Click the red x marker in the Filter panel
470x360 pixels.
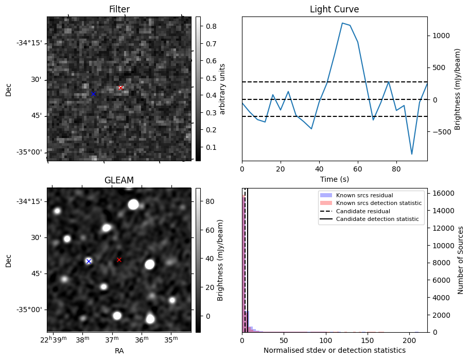[120, 88]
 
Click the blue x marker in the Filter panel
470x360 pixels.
[93, 94]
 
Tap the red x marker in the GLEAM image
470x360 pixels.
[119, 260]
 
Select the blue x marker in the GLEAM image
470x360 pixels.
[89, 261]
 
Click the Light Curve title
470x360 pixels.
[334, 9]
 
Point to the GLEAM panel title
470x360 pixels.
[119, 180]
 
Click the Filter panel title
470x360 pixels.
[119, 9]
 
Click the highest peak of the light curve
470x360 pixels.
[342, 23]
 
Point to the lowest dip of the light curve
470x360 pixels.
[412, 154]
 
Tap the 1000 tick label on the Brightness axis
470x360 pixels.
[441, 36]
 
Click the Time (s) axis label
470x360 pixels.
[334, 178]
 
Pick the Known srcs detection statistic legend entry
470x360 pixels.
[378, 203]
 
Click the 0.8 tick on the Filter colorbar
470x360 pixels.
[211, 26]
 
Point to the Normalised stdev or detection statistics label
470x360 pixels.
[334, 351]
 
